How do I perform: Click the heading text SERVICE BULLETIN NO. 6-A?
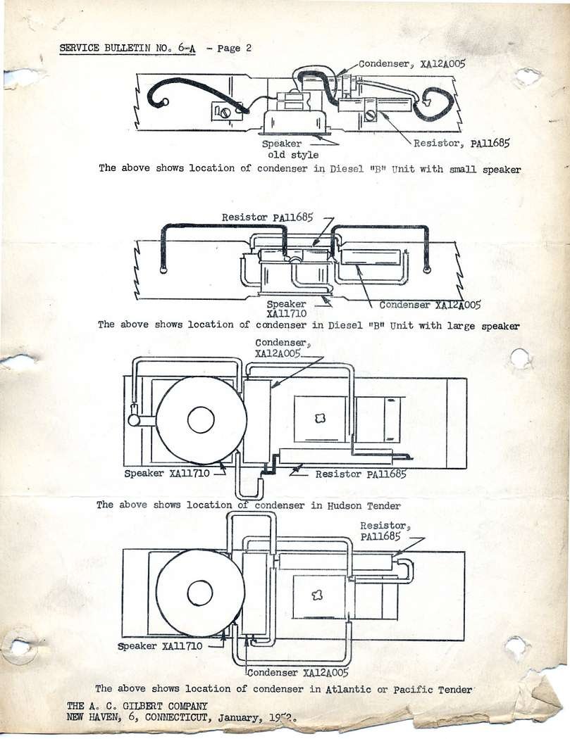(127, 48)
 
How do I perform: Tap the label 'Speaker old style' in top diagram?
(292, 149)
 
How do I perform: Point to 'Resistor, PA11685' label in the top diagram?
(461, 143)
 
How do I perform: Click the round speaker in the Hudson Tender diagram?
(201, 420)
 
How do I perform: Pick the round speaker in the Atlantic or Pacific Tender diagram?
(200, 593)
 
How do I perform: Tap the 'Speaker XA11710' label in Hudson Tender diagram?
(167, 474)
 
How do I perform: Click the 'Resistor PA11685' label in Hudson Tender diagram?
(361, 474)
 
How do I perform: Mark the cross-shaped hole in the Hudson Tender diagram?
(320, 418)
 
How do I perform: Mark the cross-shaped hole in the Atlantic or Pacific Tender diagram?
(318, 595)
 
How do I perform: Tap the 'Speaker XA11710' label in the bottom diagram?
(161, 645)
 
